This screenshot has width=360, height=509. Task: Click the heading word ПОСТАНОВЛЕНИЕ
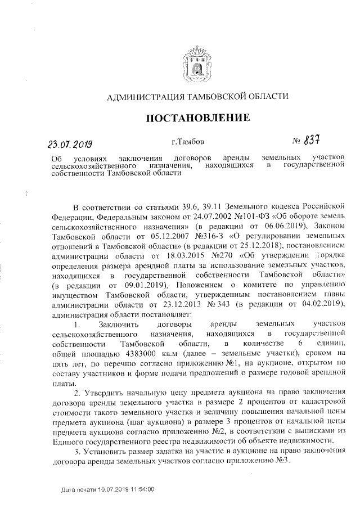pos(197,119)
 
